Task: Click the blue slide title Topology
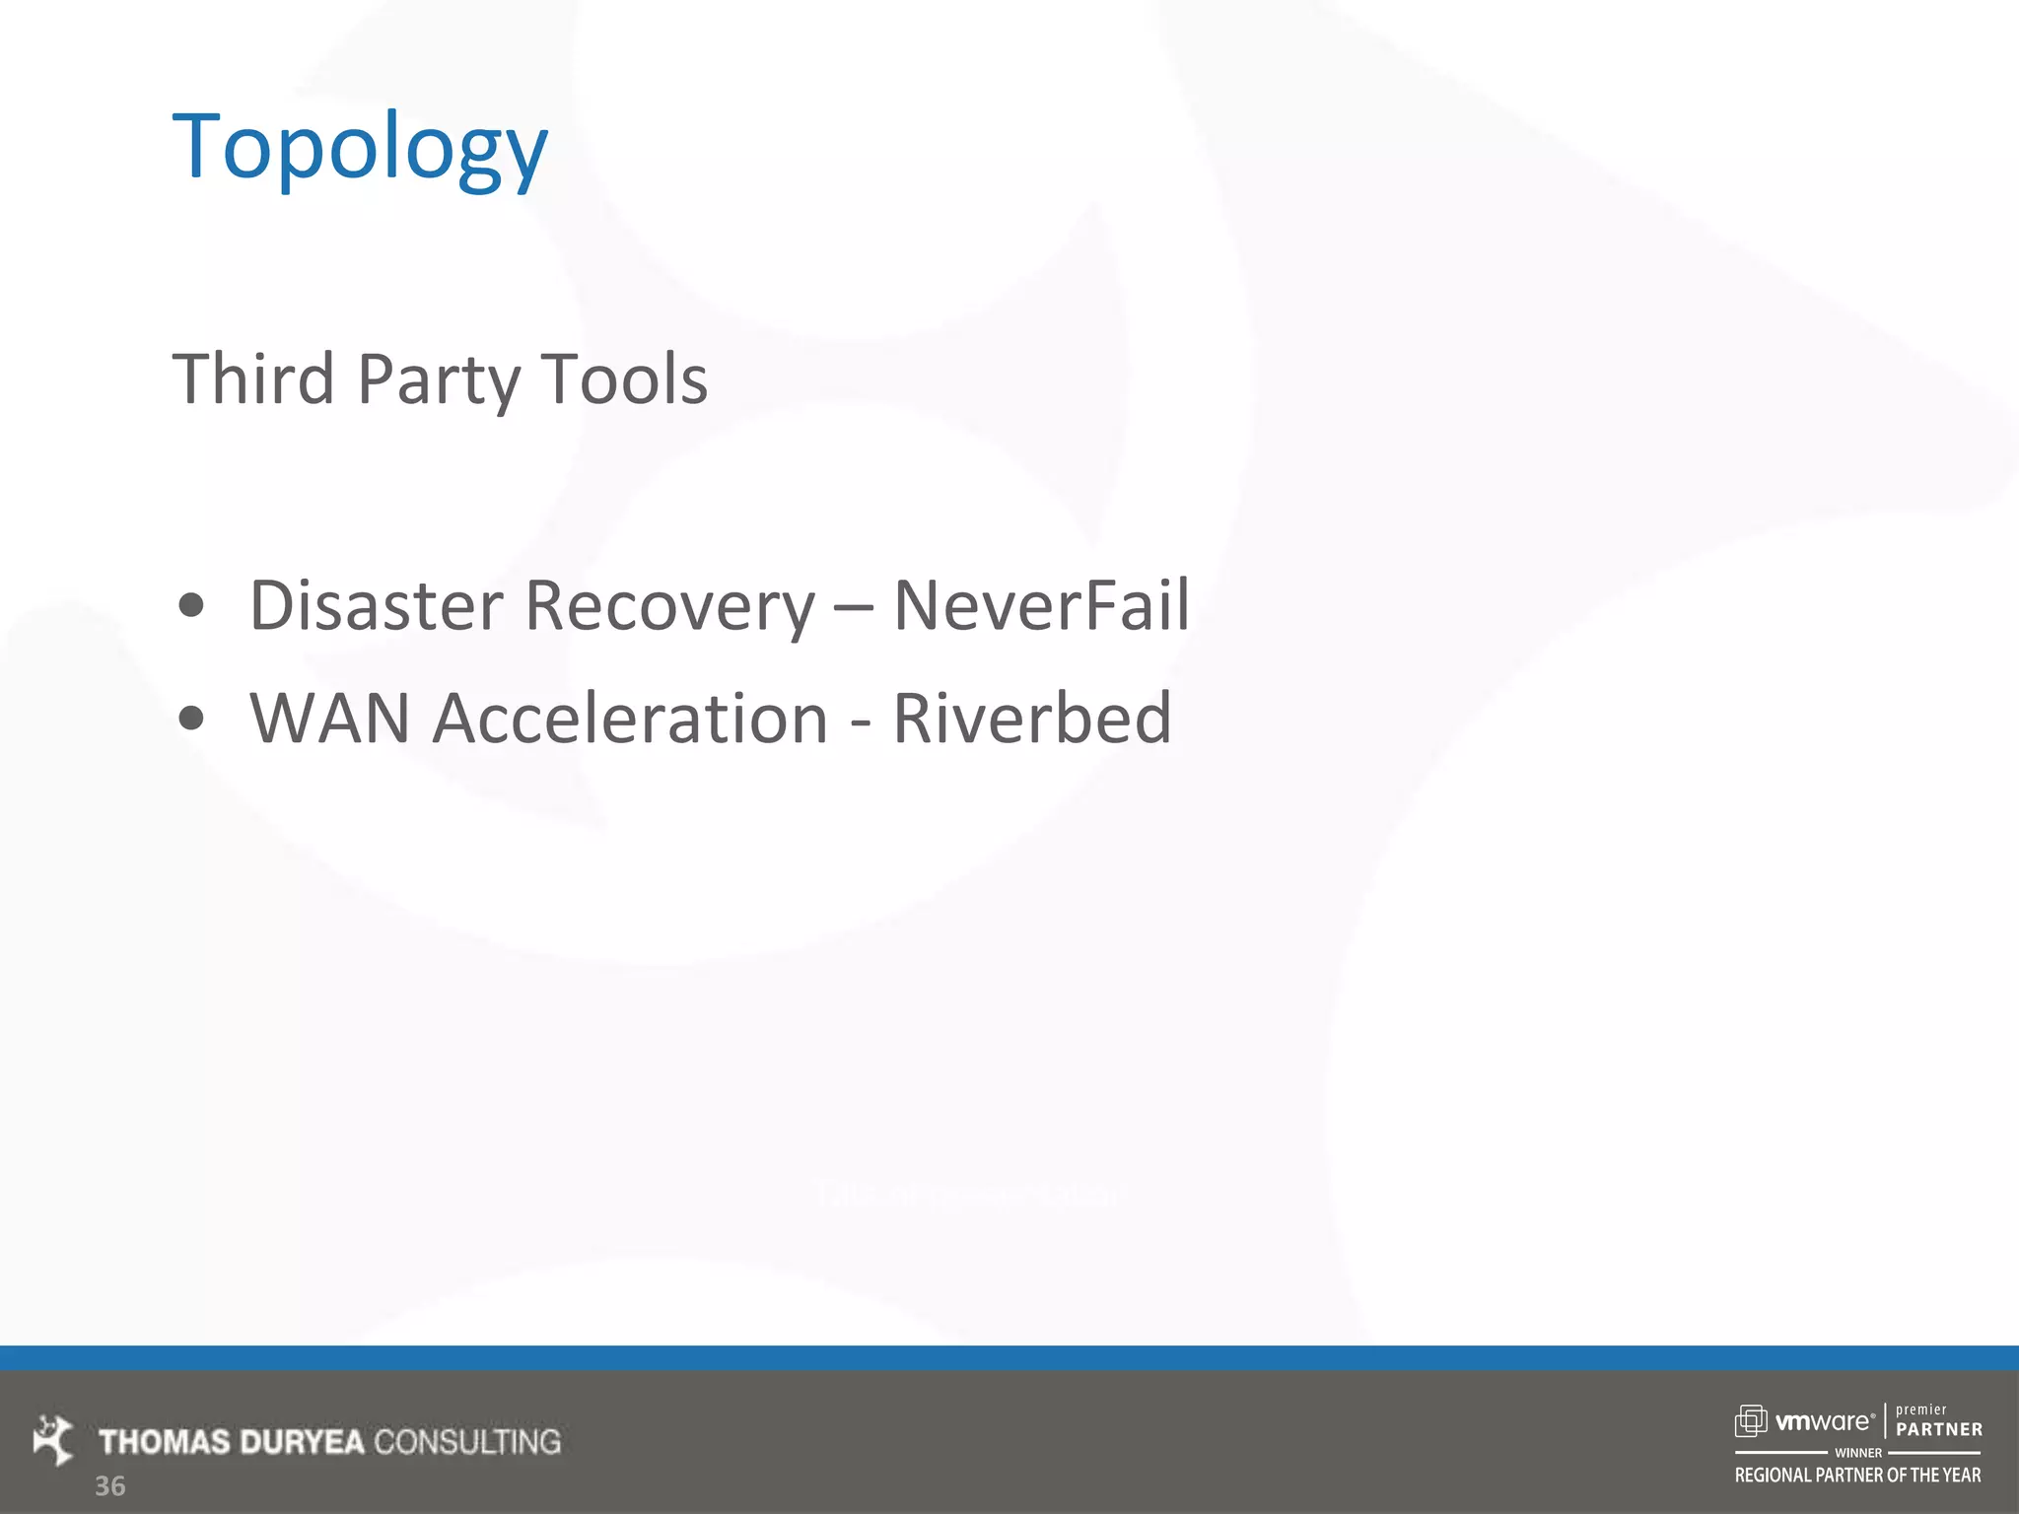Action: [360, 148]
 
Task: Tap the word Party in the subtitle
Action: [438, 380]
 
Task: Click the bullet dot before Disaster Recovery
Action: [191, 605]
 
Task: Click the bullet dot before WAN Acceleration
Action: [191, 719]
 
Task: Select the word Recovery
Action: [669, 606]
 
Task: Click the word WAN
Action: [329, 718]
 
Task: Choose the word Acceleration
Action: [631, 718]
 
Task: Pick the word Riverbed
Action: [1032, 718]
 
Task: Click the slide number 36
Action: [109, 1486]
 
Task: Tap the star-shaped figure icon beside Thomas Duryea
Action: [53, 1439]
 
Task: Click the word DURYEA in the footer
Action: [302, 1442]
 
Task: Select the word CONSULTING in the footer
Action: [467, 1442]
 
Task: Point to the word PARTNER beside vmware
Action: [1938, 1429]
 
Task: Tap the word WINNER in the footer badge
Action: [1858, 1453]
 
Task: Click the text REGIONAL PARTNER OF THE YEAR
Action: [1857, 1476]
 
